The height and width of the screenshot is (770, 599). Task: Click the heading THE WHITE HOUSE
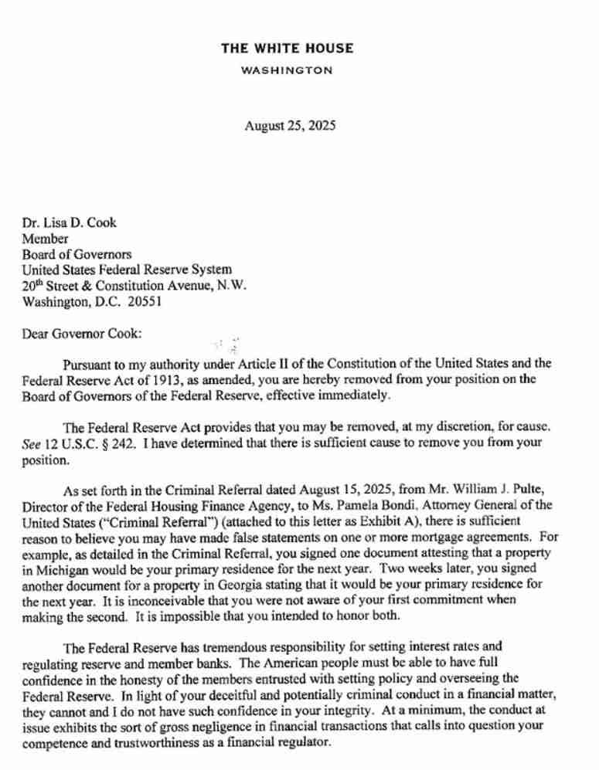pyautogui.click(x=288, y=48)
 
